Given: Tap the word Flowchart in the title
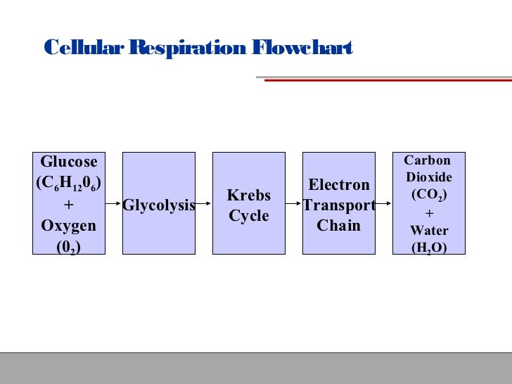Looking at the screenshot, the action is click(x=301, y=48).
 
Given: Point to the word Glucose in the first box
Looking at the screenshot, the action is click(x=69, y=162).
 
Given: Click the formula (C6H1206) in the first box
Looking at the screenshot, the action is click(x=69, y=184).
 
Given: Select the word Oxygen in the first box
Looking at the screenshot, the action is click(x=69, y=226).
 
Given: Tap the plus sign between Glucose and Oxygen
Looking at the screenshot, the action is click(x=69, y=205).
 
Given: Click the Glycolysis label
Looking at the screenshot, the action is click(x=159, y=205).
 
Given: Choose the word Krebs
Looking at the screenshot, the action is click(x=249, y=195).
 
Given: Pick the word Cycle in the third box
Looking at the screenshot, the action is click(x=249, y=216).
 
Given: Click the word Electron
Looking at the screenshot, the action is click(x=339, y=185).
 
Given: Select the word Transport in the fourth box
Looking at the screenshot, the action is click(x=339, y=205).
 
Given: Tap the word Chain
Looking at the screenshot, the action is click(x=339, y=226).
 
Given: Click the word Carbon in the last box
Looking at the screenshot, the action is click(x=427, y=160).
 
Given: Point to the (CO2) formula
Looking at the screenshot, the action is click(x=428, y=193).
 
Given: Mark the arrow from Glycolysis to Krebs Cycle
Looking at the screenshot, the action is click(x=204, y=205).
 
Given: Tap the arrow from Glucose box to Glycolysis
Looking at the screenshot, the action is click(x=114, y=205).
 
